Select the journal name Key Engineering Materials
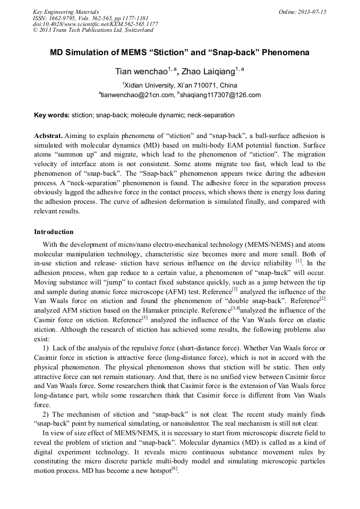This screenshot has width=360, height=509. click(66, 11)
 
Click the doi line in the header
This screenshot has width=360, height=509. click(95, 24)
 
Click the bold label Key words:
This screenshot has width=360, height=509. click(52, 115)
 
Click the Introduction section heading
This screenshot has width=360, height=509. click(54, 232)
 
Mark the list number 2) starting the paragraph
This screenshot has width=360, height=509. click(46, 414)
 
